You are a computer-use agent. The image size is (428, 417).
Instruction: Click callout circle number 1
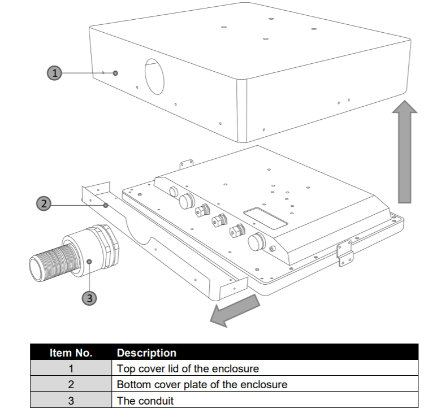[54, 73]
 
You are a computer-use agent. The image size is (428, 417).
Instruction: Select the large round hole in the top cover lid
[154, 76]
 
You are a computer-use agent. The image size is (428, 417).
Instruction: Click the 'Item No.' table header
[71, 353]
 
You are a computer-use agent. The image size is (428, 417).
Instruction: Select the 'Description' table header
[146, 353]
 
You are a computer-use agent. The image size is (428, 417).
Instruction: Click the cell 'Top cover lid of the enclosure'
[187, 369]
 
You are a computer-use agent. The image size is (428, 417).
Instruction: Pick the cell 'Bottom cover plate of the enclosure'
[202, 385]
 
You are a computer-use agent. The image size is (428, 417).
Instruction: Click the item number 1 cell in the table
[71, 369]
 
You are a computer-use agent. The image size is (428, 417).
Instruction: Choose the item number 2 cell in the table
[71, 385]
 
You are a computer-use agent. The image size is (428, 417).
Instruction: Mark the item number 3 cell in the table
[71, 401]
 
